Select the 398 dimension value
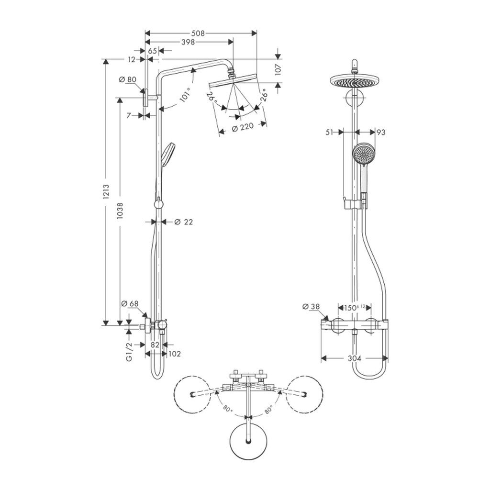190,43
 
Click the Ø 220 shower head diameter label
242,129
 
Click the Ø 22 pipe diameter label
183,222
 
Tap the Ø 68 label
130,303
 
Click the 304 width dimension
354,358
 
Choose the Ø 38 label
311,306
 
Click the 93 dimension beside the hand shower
381,132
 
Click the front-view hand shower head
362,154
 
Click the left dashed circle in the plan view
192,394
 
